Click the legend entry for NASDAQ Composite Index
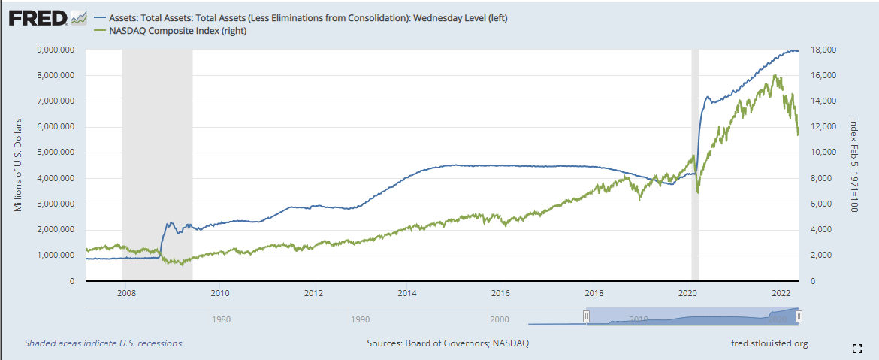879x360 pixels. (177, 31)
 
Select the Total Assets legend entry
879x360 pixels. (308, 17)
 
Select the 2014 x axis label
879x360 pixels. (407, 293)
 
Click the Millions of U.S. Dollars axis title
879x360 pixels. (19, 165)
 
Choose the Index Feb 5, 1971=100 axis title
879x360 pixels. (854, 165)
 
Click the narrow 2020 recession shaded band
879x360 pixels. (695, 165)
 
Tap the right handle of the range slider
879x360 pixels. (799, 316)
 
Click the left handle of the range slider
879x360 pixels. (587, 316)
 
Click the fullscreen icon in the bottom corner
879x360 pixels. (856, 348)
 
